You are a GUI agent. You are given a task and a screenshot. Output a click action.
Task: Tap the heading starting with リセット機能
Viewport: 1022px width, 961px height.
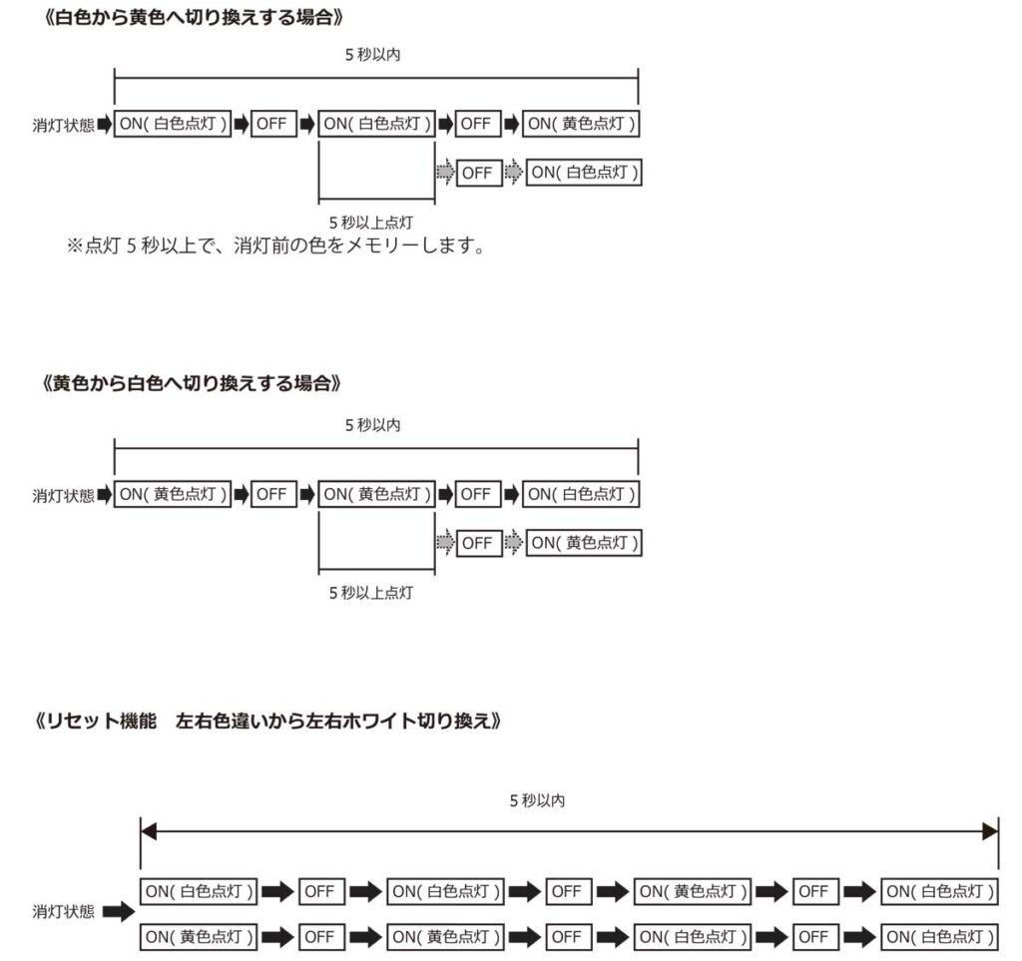[x=268, y=721]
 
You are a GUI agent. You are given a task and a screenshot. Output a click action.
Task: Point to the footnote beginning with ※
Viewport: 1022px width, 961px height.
[x=275, y=245]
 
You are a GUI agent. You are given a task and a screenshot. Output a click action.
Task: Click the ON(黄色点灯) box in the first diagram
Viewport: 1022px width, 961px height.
[x=581, y=124]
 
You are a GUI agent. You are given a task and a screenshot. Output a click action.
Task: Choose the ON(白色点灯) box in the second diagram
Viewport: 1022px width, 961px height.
[x=581, y=494]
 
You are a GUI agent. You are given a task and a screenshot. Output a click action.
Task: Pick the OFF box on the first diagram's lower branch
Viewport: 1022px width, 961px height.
[x=479, y=173]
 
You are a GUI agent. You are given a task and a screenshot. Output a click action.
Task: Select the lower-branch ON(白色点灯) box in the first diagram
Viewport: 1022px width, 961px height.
[x=584, y=173]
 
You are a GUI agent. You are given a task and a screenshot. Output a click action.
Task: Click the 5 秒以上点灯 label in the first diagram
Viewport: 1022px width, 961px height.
[x=371, y=223]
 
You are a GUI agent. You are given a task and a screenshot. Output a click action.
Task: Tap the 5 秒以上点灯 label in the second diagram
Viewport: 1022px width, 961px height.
[x=371, y=593]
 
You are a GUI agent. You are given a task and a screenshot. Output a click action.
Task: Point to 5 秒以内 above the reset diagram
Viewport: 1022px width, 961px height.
[x=537, y=800]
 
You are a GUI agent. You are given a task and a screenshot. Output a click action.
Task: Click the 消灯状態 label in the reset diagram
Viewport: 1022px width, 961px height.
[x=63, y=911]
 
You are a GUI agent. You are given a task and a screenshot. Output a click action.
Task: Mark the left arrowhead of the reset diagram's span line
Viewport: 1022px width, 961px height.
[x=149, y=831]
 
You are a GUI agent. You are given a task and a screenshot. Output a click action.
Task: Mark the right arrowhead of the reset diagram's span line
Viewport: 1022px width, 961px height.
[x=991, y=831]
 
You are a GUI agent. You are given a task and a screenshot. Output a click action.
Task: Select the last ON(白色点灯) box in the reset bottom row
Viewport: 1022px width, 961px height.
[x=940, y=937]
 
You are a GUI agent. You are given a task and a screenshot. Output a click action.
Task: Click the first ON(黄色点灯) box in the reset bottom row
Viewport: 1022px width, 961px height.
[x=199, y=937]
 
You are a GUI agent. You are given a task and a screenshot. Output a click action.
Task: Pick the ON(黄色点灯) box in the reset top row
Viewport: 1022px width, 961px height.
[x=693, y=891]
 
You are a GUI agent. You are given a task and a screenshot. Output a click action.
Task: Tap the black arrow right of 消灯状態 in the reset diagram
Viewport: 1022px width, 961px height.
[x=119, y=911]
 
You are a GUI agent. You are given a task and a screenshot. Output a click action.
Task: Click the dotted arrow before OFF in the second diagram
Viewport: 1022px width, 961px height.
[x=445, y=543]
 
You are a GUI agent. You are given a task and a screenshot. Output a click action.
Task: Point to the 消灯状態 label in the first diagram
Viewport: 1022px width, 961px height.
[x=63, y=125]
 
